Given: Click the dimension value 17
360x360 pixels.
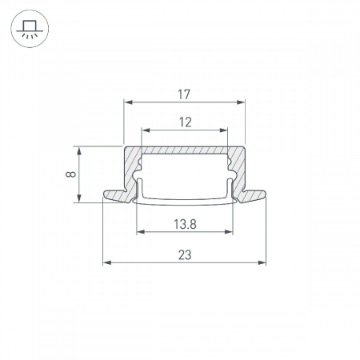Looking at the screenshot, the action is [184, 94].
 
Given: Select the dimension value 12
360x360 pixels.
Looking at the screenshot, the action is [185, 122].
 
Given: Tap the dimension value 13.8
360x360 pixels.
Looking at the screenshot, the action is [185, 224].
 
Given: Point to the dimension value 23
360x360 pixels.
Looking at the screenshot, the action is [185, 255].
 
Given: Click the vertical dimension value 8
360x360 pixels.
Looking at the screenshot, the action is [71, 174].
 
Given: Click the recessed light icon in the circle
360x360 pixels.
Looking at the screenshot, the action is [30, 29].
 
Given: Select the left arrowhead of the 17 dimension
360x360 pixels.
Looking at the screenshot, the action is [129, 102].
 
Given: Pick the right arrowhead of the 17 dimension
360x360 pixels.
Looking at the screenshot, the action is [241, 102].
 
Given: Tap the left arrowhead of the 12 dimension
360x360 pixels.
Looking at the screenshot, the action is [146, 130].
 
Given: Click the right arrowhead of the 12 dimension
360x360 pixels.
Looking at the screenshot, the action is [223, 130].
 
